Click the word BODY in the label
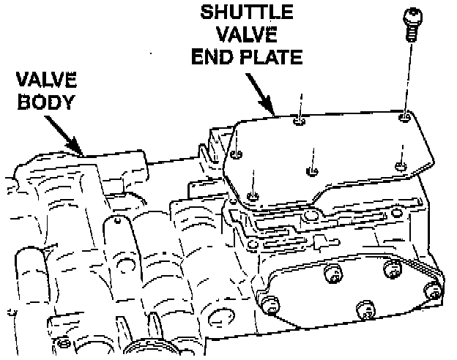[45, 101]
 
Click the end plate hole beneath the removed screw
[404, 116]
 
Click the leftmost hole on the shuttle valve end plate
[237, 154]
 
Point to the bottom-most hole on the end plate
[253, 196]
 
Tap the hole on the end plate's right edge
[399, 166]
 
